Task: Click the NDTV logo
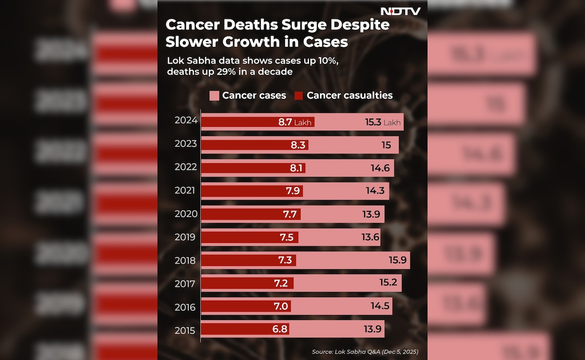pos(400,11)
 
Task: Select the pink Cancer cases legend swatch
pos(214,95)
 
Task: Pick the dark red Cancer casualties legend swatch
pos(298,95)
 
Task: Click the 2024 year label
pos(185,120)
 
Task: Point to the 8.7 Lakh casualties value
pos(294,122)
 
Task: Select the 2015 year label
pos(185,331)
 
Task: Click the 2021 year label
pos(185,190)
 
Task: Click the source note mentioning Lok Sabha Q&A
pos(365,352)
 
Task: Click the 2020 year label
pos(185,214)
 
